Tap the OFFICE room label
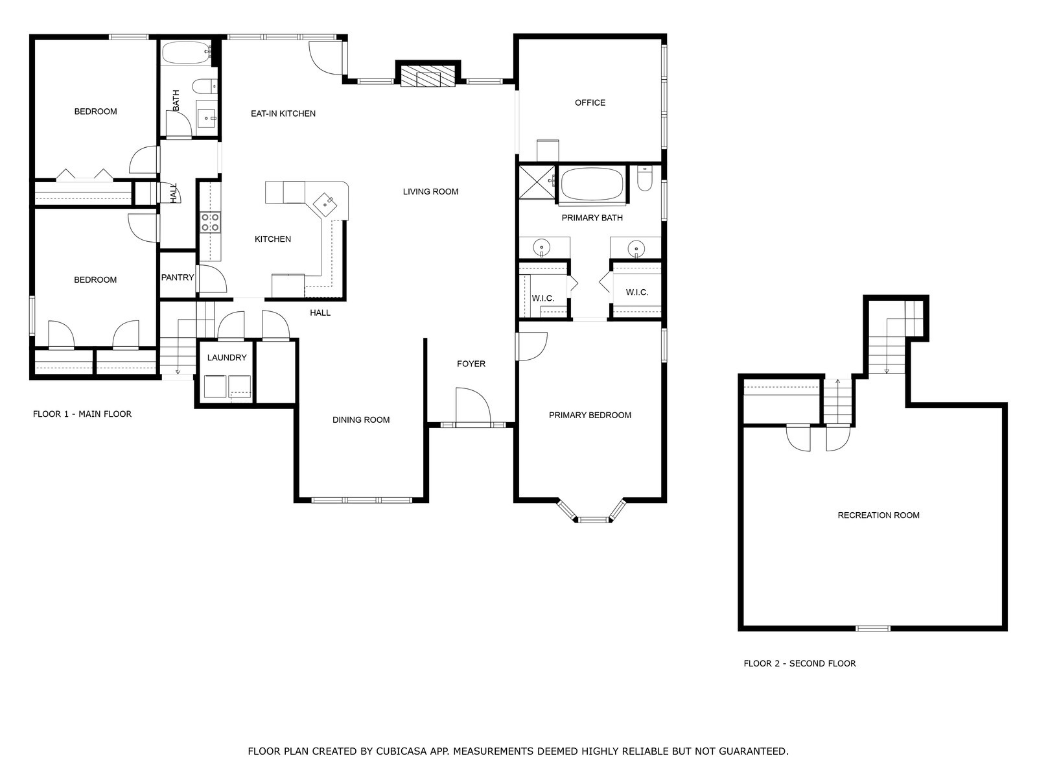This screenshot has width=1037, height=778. point(590,102)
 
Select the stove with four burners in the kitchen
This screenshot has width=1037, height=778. point(209,222)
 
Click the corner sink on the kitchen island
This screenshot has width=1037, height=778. point(325,204)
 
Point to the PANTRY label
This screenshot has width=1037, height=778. point(178,277)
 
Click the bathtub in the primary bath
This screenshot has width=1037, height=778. point(591,184)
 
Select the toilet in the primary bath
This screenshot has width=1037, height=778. point(644,180)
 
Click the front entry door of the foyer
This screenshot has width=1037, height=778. point(472,407)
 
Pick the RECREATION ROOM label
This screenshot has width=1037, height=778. point(878,515)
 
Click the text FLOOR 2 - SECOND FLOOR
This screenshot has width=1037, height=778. point(799,663)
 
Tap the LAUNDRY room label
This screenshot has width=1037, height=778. point(227,357)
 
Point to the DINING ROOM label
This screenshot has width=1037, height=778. point(361,419)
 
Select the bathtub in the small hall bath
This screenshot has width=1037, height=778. point(185,53)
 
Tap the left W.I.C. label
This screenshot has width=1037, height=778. point(542,298)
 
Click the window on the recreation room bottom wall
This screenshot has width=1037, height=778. point(872,628)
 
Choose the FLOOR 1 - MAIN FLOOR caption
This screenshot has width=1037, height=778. point(82,414)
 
